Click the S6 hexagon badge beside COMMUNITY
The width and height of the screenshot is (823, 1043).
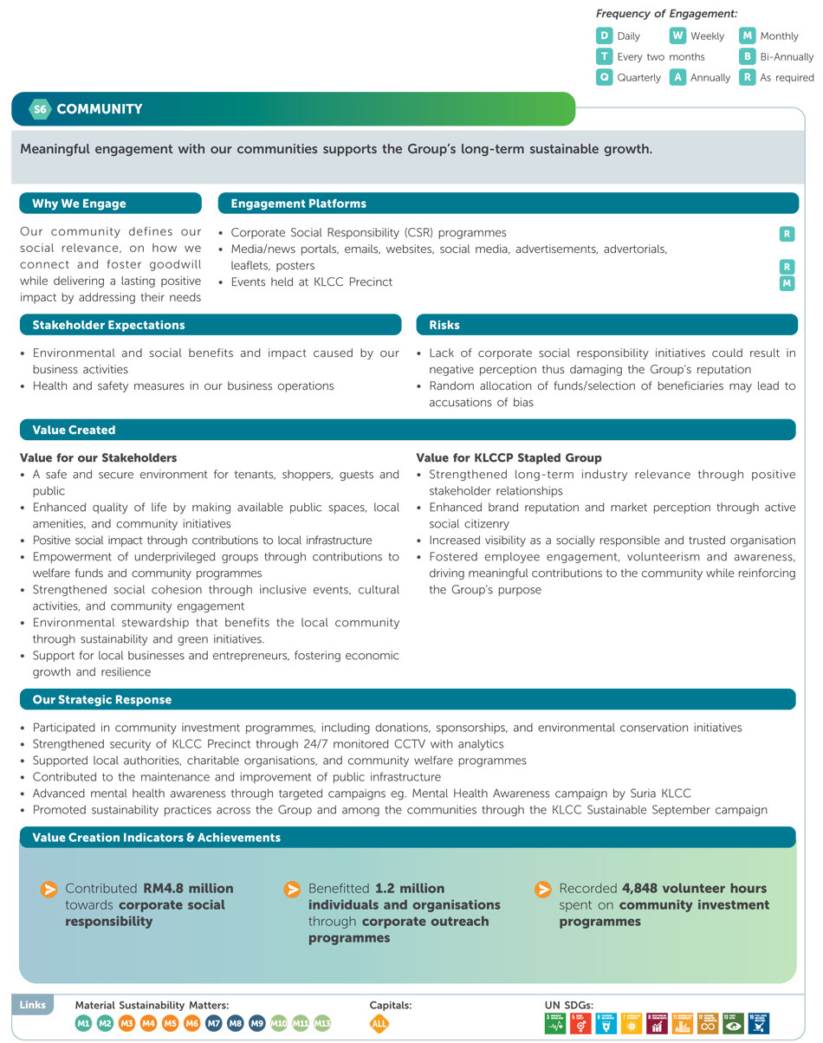click(39, 109)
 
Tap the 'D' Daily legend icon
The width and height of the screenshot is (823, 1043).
click(605, 36)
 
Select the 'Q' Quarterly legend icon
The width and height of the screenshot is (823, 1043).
click(605, 77)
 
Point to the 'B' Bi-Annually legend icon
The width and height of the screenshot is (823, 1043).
click(747, 57)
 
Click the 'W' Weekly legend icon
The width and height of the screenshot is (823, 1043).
click(677, 36)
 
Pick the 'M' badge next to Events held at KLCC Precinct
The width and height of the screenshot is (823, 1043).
click(787, 283)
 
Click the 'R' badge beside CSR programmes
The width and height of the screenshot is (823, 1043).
click(787, 234)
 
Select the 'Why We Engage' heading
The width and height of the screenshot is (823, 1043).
click(79, 204)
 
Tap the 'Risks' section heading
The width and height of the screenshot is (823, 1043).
click(444, 325)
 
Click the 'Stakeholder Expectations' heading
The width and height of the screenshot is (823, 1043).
click(108, 325)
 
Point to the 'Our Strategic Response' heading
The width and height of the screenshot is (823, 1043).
click(101, 699)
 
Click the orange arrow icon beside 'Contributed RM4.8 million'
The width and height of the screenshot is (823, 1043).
click(49, 890)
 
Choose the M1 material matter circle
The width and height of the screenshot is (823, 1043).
click(83, 1023)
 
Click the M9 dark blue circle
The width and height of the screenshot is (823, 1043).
click(257, 1023)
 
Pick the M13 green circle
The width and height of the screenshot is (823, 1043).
click(322, 1023)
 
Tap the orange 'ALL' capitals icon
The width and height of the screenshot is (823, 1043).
click(379, 1023)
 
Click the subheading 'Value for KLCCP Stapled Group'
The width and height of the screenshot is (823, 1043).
click(509, 457)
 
